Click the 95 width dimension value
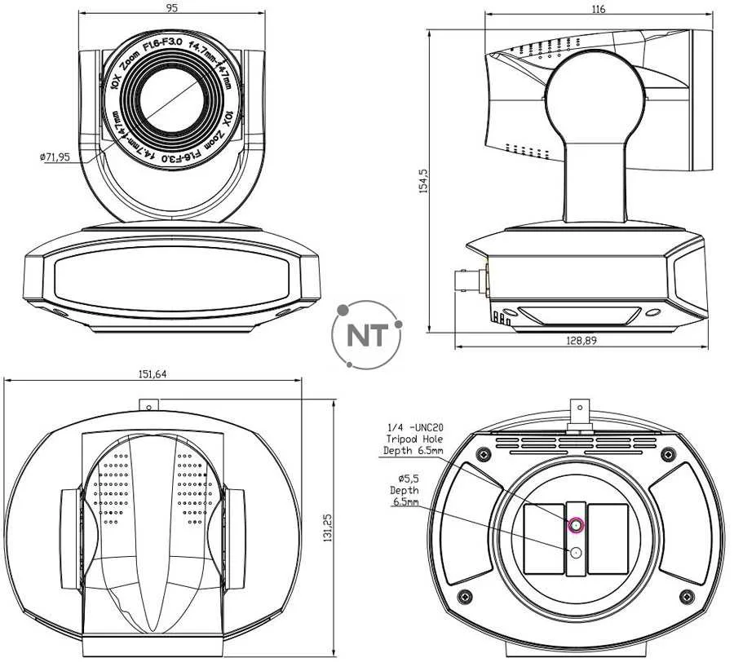[x=171, y=7]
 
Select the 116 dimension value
[x=599, y=10]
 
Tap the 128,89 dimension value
[x=581, y=341]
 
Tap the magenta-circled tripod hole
[x=576, y=526]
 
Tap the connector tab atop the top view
[x=148, y=405]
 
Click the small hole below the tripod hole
[x=576, y=553]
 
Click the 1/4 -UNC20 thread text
[x=415, y=426]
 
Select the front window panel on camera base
[x=171, y=277]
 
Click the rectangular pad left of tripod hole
[x=542, y=536]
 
